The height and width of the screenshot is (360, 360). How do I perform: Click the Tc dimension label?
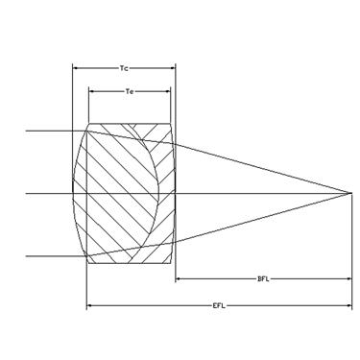click(124, 68)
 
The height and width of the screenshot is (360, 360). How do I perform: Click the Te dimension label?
click(130, 91)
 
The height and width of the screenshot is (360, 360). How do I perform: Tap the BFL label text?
click(263, 279)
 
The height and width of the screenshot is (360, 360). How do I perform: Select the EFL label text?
click(219, 305)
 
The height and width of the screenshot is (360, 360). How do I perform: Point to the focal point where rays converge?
click(351, 193)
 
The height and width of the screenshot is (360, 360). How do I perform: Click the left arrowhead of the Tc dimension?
click(76, 68)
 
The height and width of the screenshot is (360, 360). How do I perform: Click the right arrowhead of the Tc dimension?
click(173, 68)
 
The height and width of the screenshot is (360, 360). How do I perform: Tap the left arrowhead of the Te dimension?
click(92, 91)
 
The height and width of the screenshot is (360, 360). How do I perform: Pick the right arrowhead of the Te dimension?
click(167, 91)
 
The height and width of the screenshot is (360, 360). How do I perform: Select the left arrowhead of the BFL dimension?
click(179, 279)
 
